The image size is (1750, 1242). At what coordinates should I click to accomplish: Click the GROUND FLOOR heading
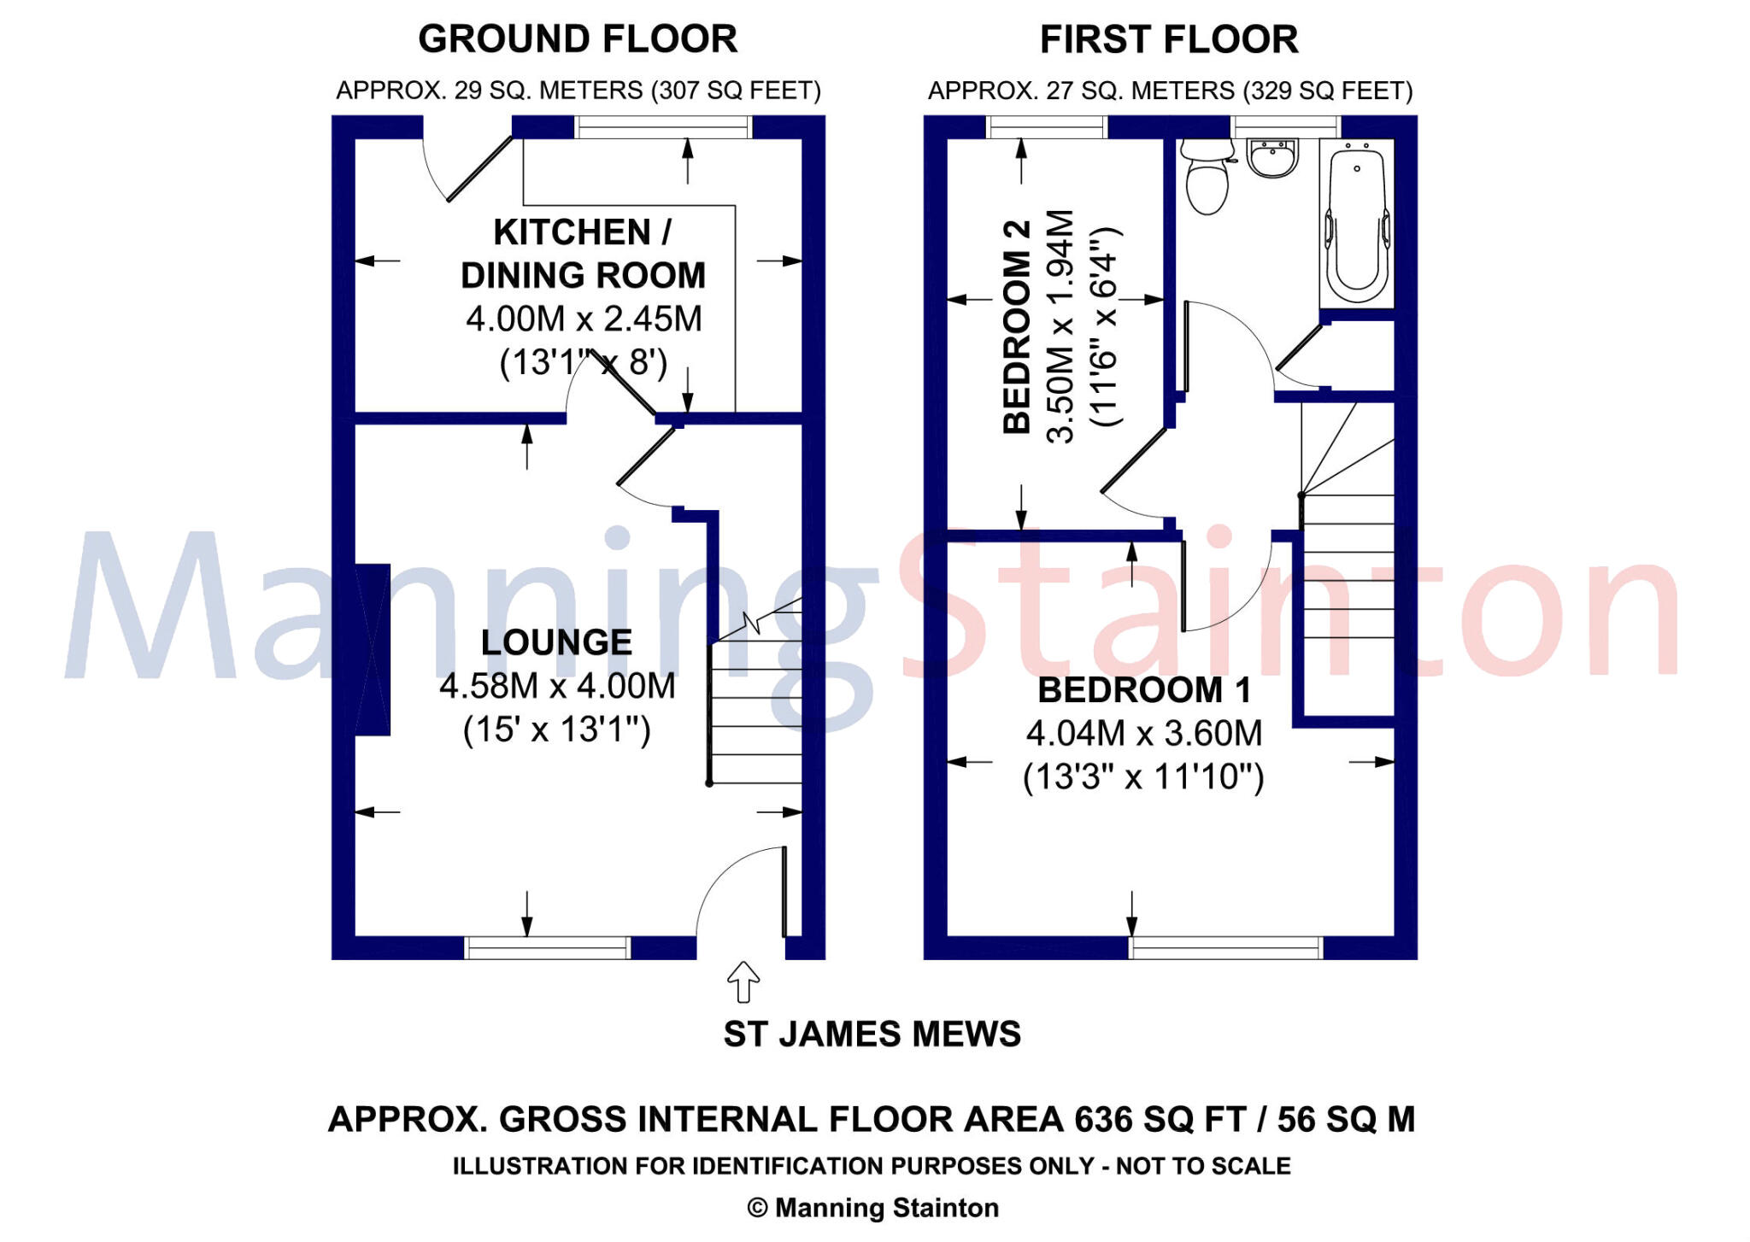point(578,39)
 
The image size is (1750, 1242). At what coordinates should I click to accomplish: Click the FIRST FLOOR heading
point(1169,39)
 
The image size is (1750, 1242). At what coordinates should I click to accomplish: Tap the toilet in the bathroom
point(1207,178)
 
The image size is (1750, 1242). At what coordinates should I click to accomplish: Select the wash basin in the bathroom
point(1273,159)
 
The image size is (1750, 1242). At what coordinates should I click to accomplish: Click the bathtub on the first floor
point(1357,223)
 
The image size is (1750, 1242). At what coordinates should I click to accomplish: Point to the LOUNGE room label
point(556,642)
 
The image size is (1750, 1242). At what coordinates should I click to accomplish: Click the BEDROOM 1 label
point(1144,689)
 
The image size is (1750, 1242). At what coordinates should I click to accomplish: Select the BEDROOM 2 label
point(1017,327)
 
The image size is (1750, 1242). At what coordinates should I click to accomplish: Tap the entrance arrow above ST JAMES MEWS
point(743,981)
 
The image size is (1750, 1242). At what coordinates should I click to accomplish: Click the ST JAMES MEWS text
point(872,1034)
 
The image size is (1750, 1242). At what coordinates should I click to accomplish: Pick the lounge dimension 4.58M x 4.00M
point(557,686)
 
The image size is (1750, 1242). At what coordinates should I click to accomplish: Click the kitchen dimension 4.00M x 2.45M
point(584,319)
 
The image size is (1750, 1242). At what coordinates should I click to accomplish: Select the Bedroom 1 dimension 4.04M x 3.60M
point(1144,733)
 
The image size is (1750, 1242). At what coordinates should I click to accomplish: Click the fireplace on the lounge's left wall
point(373,649)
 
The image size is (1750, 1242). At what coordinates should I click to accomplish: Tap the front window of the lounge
point(548,947)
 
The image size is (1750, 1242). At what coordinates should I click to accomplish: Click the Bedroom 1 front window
point(1226,947)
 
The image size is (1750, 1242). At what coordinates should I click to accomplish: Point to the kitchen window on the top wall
point(663,127)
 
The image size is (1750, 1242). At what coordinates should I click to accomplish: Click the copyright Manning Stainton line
point(872,1208)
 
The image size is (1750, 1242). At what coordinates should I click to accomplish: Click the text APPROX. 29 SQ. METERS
point(490,91)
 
